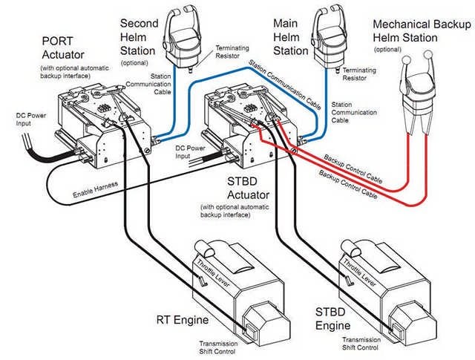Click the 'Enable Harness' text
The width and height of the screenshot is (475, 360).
click(x=96, y=194)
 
